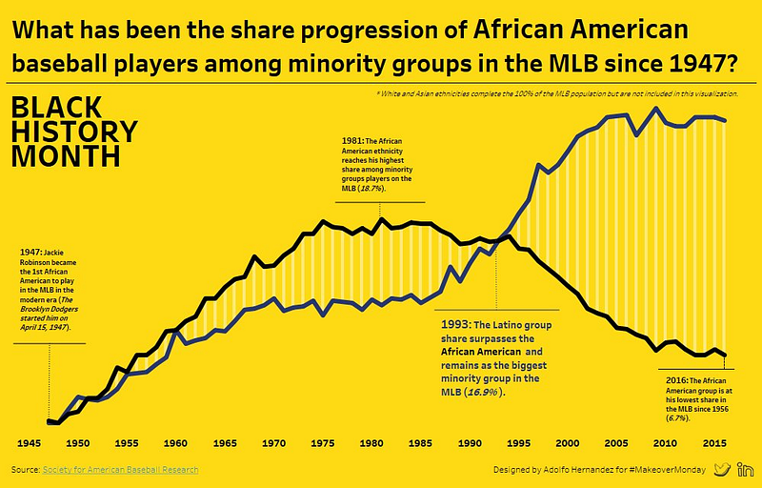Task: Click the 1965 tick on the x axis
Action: pos(225,443)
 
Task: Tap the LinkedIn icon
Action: pos(747,470)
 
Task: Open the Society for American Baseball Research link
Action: pos(121,471)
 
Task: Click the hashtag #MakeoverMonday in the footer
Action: pos(666,471)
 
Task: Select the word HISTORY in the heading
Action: pos(74,132)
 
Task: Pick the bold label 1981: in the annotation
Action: pos(352,140)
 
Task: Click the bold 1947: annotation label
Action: pos(31,253)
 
